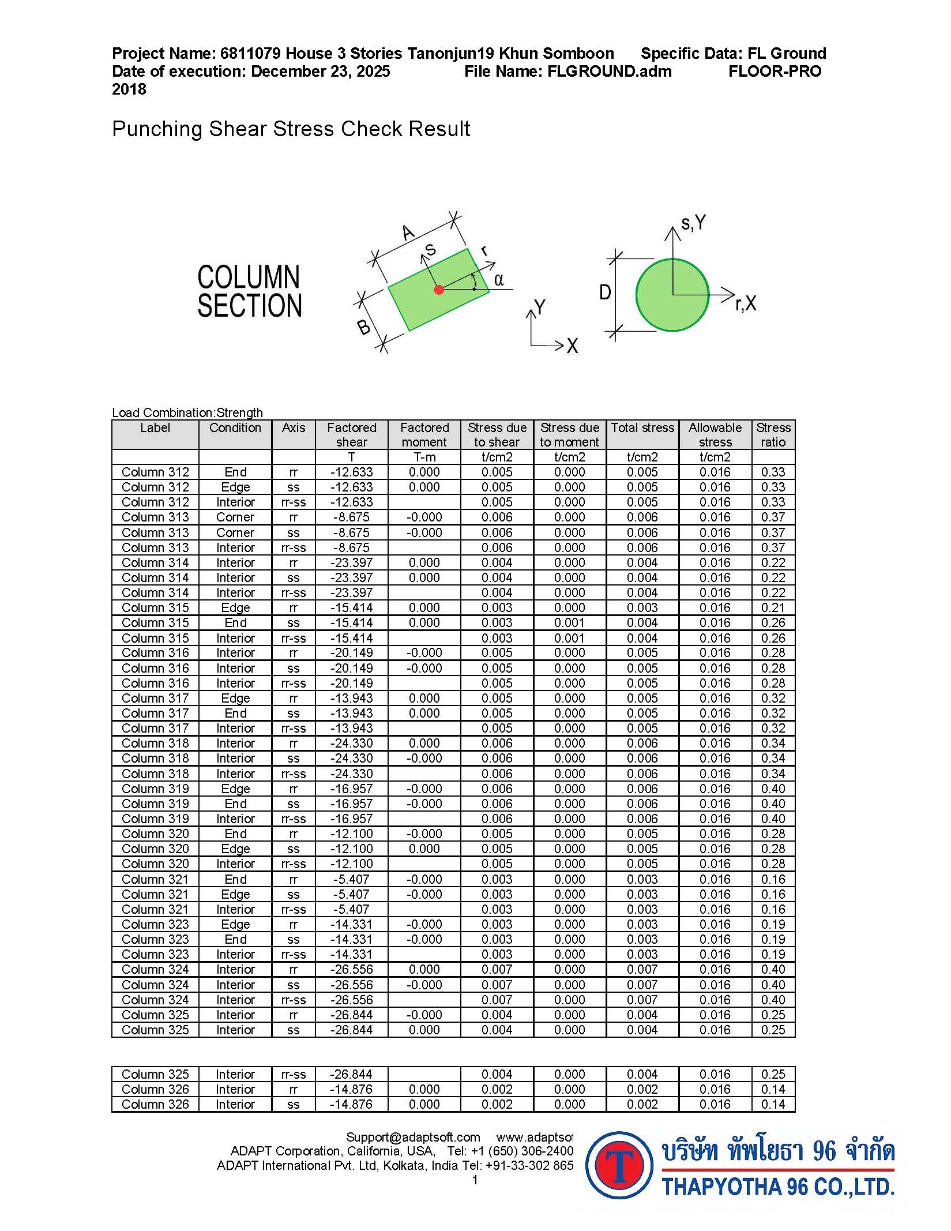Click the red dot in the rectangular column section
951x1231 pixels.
coord(439,290)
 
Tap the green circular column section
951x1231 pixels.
coord(672,295)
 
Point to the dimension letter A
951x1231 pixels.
coord(408,233)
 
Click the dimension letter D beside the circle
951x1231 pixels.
coord(604,292)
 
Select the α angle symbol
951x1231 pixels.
coord(499,280)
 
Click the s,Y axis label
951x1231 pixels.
coord(693,223)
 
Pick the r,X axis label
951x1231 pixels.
coord(746,303)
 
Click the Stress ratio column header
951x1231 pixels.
coord(773,434)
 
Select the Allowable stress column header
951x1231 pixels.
coord(715,434)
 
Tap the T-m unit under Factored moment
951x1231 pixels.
coord(424,457)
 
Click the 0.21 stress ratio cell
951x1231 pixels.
coord(773,607)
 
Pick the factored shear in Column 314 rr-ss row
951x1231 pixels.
coord(351,592)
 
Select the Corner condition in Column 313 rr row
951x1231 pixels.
coord(235,517)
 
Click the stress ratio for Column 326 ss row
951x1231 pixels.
coord(773,1104)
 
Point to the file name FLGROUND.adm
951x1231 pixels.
coord(609,72)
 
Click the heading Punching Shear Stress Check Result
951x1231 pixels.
coord(291,129)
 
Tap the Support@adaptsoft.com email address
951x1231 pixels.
coord(413,1137)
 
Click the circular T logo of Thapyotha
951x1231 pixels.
coord(619,1165)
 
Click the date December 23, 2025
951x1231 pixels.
coord(321,72)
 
